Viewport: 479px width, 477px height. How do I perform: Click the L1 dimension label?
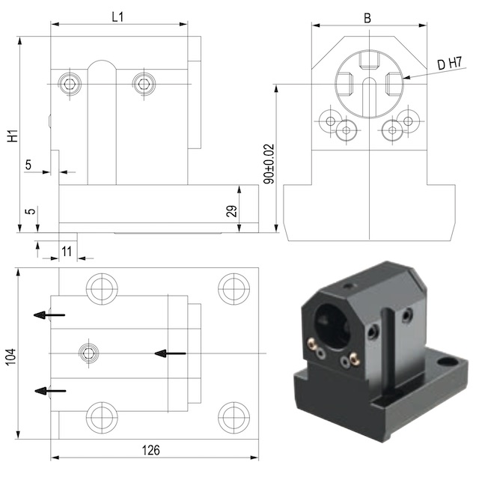pyautogui.click(x=118, y=17)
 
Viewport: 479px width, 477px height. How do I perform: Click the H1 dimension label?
pyautogui.click(x=13, y=136)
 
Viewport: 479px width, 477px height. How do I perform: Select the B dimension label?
pyautogui.click(x=367, y=18)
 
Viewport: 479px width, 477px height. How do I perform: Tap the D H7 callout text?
pyautogui.click(x=449, y=63)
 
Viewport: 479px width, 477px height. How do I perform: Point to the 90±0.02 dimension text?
pyautogui.click(x=269, y=164)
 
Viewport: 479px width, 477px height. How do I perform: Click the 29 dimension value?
pyautogui.click(x=231, y=211)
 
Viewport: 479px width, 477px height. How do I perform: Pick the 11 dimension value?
pyautogui.click(x=67, y=252)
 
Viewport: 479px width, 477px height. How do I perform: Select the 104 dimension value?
pyautogui.click(x=10, y=356)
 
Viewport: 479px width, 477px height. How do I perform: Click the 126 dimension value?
pyautogui.click(x=151, y=450)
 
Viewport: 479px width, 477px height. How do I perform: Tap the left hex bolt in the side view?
pyautogui.click(x=70, y=83)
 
